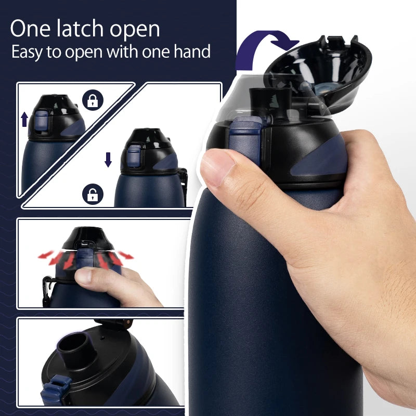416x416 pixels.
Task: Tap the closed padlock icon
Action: [x=93, y=100]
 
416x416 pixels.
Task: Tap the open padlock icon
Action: [x=93, y=195]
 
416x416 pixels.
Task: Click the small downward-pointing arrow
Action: [x=108, y=160]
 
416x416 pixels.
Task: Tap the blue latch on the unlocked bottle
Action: [x=134, y=156]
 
